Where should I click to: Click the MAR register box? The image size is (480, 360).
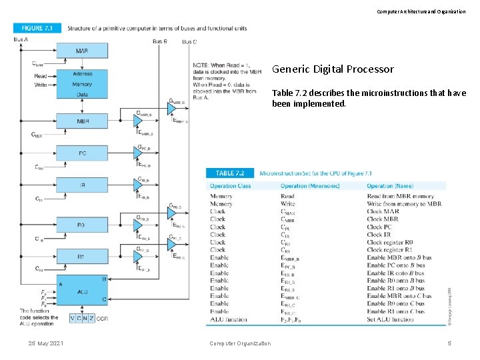click(82, 51)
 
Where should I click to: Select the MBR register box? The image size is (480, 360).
click(82, 121)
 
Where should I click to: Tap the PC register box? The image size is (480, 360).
click(82, 153)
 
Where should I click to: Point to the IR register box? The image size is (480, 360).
click(82, 185)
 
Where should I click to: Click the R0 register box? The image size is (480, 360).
click(81, 225)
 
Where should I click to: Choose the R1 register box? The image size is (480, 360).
click(81, 256)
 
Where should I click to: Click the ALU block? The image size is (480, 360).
click(82, 291)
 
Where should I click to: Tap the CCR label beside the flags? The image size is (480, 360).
click(102, 319)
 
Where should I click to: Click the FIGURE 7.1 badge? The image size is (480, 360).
click(37, 28)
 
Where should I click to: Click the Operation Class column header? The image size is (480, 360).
click(231, 186)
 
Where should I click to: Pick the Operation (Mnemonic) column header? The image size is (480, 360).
click(310, 186)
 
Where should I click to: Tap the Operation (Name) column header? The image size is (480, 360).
click(390, 186)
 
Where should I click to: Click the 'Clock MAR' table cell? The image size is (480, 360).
click(383, 211)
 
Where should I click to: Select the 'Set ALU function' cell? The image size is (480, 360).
click(390, 319)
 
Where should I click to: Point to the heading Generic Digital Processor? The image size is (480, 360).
click(333, 69)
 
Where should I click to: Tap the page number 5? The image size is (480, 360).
click(449, 343)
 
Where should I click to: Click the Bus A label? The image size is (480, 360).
click(21, 40)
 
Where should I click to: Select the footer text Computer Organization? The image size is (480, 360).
click(240, 343)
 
